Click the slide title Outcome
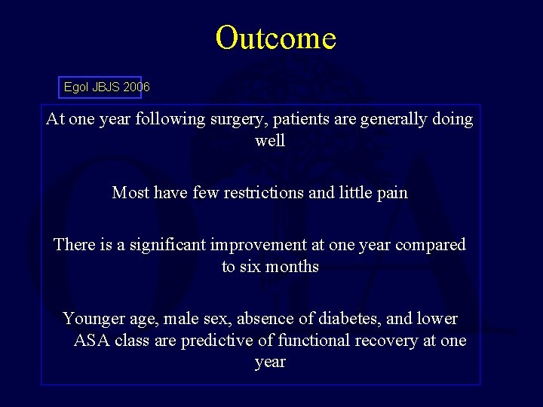pos(275,38)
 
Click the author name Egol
pos(76,87)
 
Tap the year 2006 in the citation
pos(137,87)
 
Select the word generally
pos(397,119)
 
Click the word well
pos(270,141)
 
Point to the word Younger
pos(93,319)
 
